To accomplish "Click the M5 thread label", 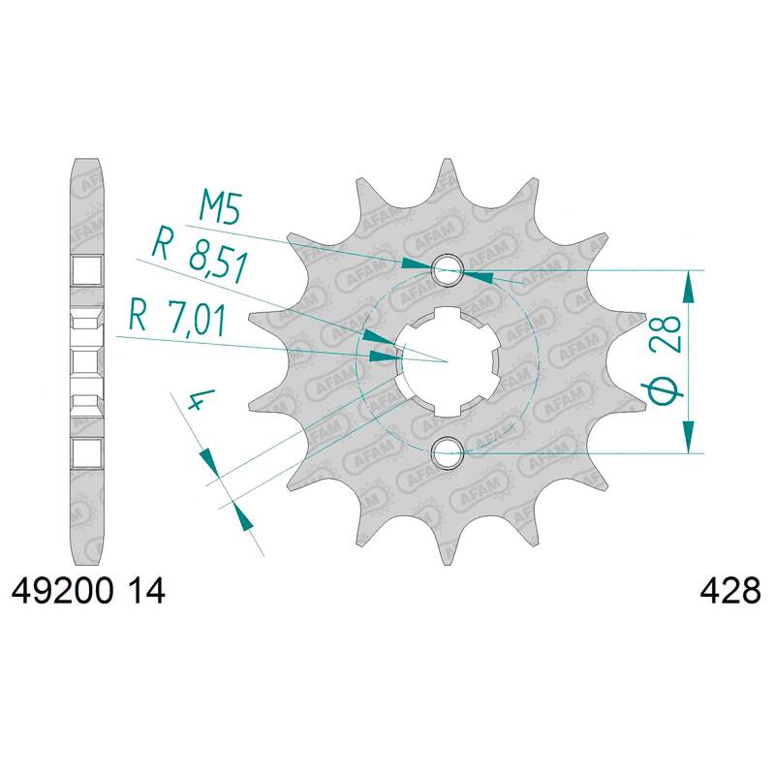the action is tap(220, 207).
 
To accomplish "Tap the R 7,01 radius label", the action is tap(177, 320).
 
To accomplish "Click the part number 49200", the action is tap(62, 591).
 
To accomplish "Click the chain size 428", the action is tap(730, 591).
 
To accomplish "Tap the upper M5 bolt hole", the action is tap(448, 270).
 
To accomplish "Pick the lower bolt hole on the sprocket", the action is tap(448, 452).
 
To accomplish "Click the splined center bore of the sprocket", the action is tap(448, 361).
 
